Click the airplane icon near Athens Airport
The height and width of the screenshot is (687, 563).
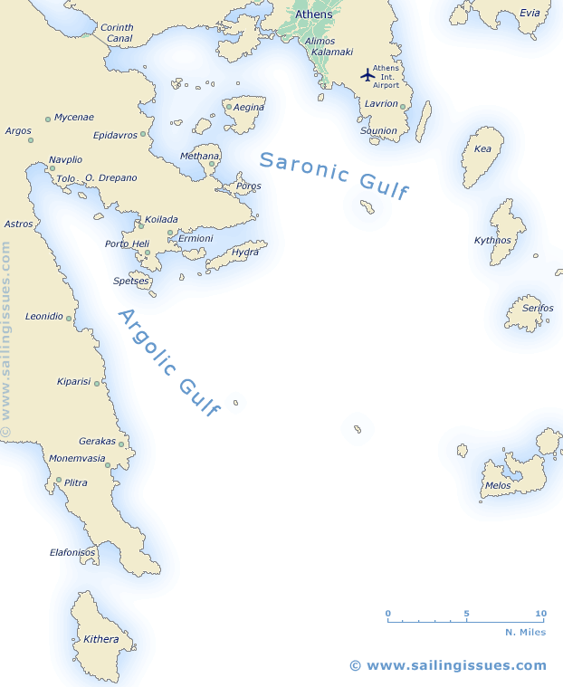pos(367,74)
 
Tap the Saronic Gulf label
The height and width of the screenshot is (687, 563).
pos(334,175)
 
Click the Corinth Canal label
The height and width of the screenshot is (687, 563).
pos(117,33)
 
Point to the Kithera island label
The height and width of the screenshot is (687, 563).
pos(100,639)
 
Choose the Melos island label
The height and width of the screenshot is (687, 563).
pos(498,485)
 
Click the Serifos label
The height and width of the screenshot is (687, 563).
pos(538,308)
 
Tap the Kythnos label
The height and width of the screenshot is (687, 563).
pos(492,240)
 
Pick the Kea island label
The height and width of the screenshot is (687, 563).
pos(482,148)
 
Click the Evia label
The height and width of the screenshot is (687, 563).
pos(530,13)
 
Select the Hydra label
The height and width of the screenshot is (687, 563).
pos(245,252)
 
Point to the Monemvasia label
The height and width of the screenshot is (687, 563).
pos(78,458)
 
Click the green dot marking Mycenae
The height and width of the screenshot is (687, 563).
pos(48,119)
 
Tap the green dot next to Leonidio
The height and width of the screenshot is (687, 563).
pos(69,319)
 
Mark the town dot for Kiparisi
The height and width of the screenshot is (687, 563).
pos(97,384)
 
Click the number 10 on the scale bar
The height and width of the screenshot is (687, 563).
pos(541,614)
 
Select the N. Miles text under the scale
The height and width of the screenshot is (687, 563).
pos(525,632)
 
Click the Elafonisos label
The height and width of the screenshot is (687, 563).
pos(72,552)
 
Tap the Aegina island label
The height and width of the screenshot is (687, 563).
pos(249,107)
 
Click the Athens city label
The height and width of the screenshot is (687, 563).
pos(313,14)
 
